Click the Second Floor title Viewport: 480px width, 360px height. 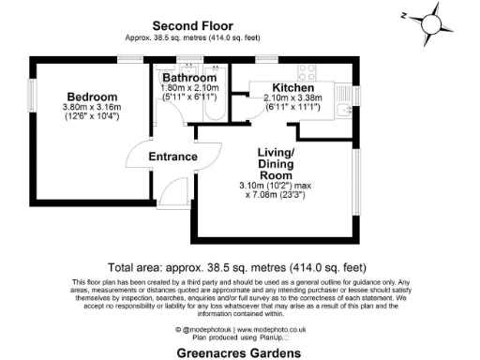point(192,25)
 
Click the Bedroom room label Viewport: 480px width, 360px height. point(92,97)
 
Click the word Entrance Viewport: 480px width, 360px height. point(173,157)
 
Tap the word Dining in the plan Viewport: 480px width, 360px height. point(277,164)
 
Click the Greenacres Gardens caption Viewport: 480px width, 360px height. point(239,353)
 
